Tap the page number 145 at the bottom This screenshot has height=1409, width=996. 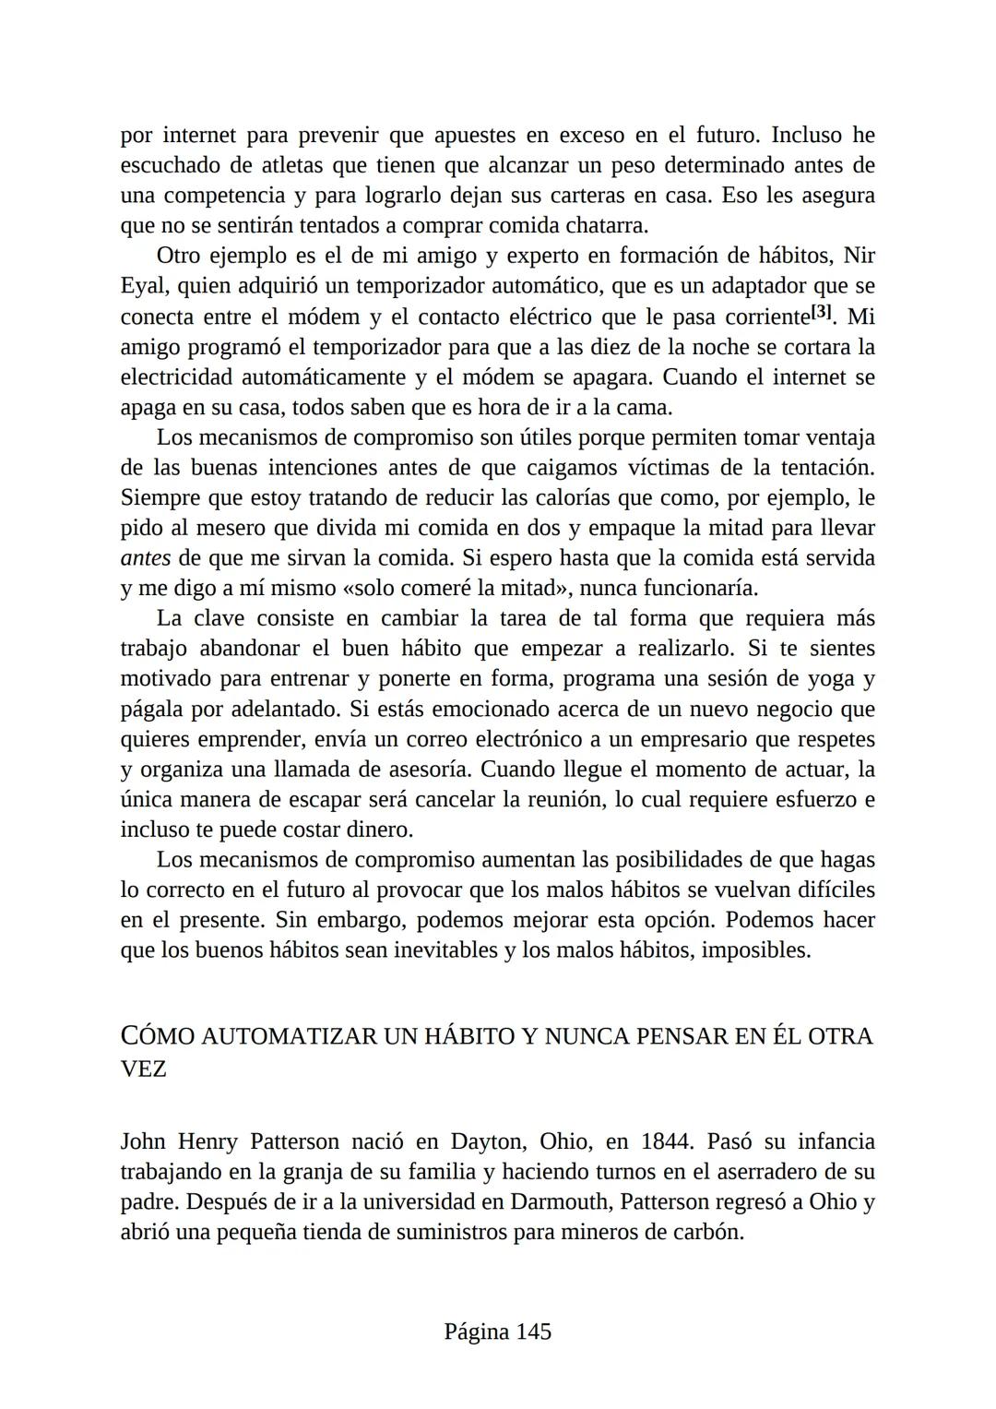(x=533, y=1331)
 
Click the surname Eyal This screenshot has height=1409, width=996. (x=145, y=286)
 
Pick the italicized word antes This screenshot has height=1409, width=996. (x=146, y=558)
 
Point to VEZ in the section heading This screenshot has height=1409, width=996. (x=143, y=1069)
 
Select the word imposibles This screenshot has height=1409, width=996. (x=755, y=949)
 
